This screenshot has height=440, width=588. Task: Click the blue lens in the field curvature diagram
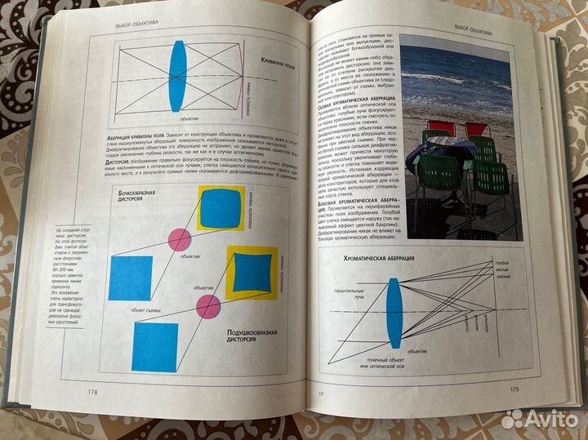click(x=178, y=78)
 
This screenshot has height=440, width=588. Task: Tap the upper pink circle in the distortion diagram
click(x=179, y=239)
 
